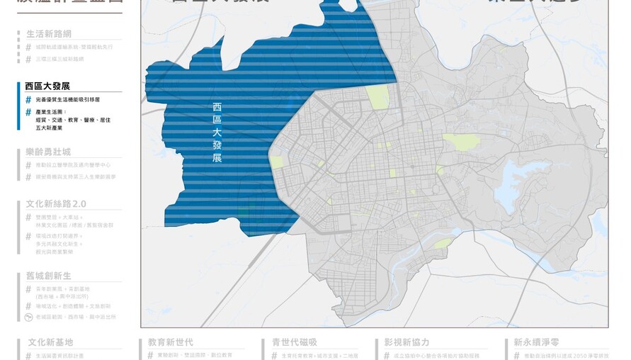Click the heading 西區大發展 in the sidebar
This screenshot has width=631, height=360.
click(47, 86)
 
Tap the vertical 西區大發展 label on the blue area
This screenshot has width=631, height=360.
click(217, 132)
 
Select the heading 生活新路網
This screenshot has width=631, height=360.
click(49, 34)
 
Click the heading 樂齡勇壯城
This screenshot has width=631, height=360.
click(48, 152)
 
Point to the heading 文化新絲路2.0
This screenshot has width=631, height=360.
click(56, 204)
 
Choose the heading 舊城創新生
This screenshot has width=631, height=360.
click(48, 276)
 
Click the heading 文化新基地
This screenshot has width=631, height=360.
click(50, 342)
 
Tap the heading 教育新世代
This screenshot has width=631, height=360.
click(171, 342)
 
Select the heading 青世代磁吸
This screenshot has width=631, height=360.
click(295, 342)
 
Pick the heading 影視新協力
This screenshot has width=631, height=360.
click(407, 342)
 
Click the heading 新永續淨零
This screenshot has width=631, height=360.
click(537, 342)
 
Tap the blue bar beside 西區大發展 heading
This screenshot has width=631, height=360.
click(19, 106)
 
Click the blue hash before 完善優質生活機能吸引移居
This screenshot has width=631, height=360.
click(28, 101)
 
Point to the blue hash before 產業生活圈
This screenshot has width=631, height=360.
click(28, 112)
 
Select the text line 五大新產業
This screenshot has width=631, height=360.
click(49, 128)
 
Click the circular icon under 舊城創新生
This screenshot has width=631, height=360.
click(28, 317)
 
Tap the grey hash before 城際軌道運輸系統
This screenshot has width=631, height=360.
click(28, 47)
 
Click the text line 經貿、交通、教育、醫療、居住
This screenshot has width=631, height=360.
click(73, 120)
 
